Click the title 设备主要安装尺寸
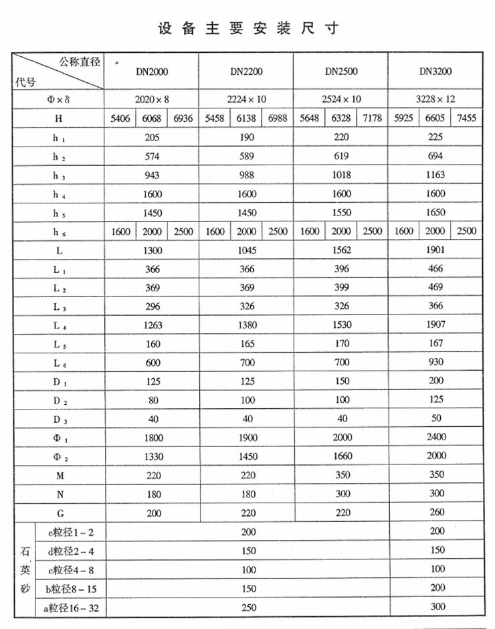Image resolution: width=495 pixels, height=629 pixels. click(x=248, y=29)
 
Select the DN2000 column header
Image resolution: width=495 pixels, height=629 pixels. click(x=152, y=70)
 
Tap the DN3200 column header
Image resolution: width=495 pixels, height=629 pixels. click(x=435, y=70)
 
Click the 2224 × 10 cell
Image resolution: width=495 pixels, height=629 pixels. click(x=246, y=99)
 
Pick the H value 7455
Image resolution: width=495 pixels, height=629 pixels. click(x=467, y=119)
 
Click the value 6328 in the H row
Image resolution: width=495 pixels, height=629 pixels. click(x=341, y=119)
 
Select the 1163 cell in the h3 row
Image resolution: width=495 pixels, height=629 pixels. click(x=435, y=175)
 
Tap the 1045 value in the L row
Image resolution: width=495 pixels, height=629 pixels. click(x=246, y=250)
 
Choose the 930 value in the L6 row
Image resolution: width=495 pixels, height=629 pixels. click(x=435, y=362)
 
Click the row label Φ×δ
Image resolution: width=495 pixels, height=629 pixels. click(x=60, y=99)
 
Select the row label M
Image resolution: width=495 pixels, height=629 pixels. click(x=60, y=474)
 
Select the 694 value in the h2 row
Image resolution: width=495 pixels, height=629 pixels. click(x=435, y=157)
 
